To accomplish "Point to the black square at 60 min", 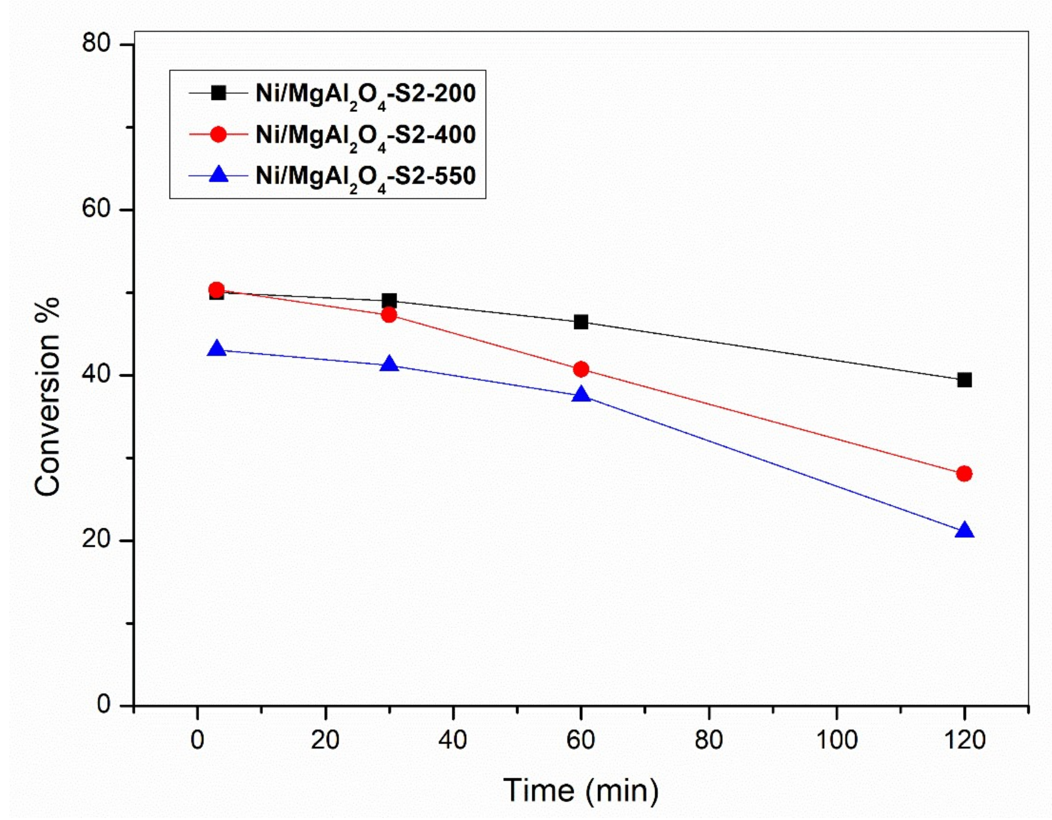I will [x=581, y=322].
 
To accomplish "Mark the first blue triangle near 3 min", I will [x=217, y=349].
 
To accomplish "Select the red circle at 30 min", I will [x=389, y=315].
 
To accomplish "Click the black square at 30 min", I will [x=389, y=301].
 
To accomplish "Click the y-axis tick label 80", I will [x=96, y=44].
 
